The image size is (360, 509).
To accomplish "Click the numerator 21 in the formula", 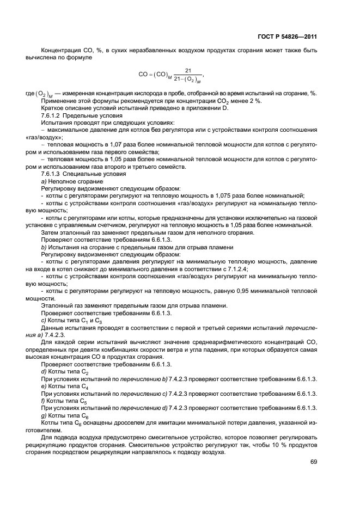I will [x=188, y=70].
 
